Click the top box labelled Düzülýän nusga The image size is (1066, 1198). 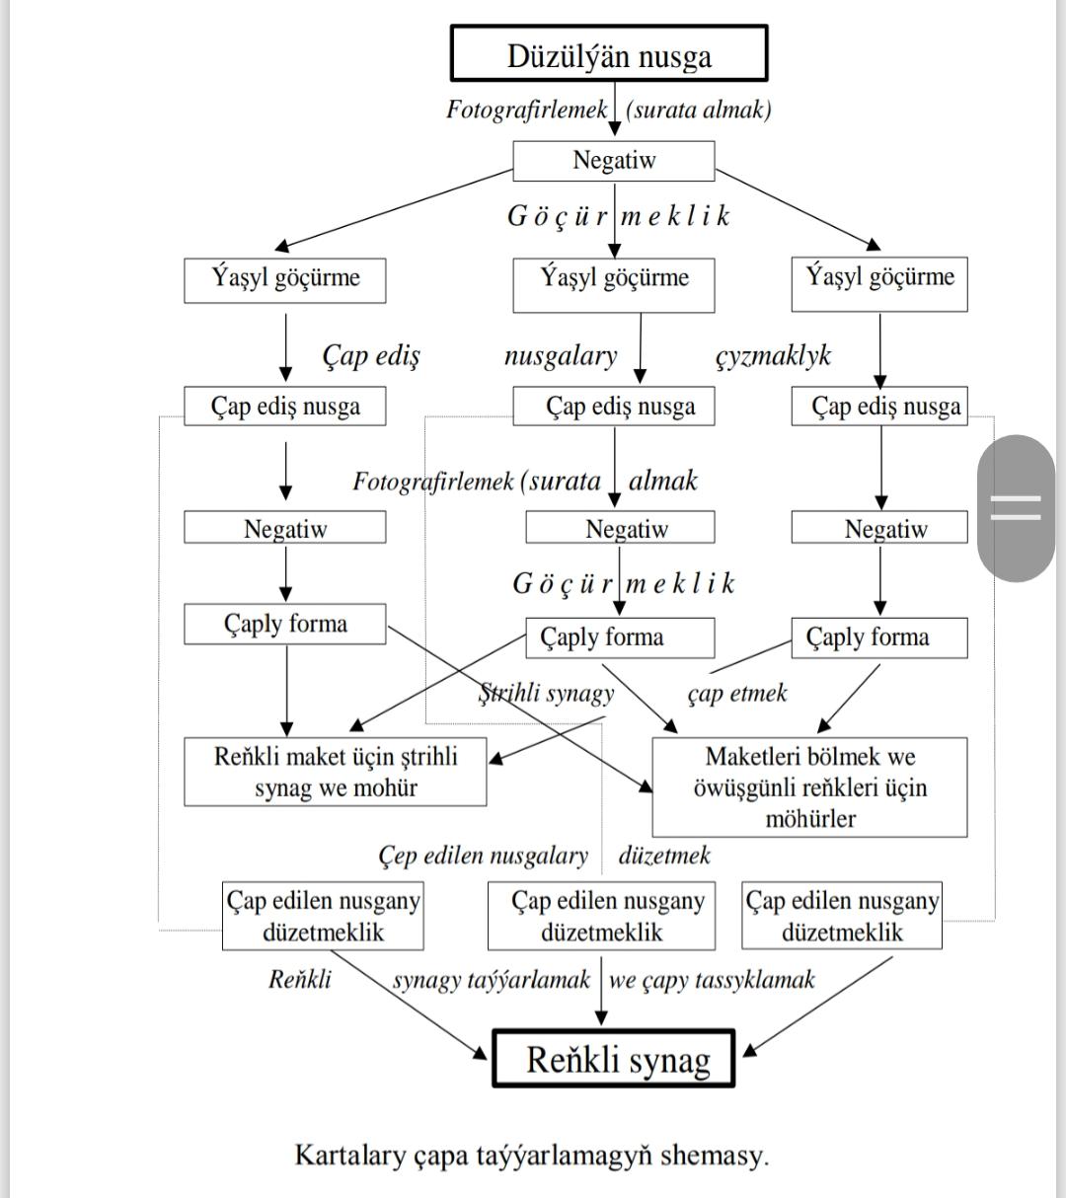pos(609,53)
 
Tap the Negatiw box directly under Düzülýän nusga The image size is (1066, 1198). pos(614,161)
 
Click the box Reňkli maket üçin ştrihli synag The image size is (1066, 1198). pos(336,772)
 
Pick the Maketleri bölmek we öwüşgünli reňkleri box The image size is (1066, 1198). pos(809,787)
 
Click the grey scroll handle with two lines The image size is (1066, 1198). pos(1016,508)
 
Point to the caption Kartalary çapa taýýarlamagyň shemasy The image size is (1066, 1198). pos(532,1155)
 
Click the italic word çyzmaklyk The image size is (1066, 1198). pos(773,356)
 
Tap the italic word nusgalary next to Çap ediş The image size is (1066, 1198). pos(561,356)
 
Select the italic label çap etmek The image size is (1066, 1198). pos(737,694)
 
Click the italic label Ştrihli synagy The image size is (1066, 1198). pos(546,693)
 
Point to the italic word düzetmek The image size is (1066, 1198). pos(664,855)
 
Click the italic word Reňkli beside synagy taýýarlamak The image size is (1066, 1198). pos(300,980)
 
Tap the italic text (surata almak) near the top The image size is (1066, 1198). pos(699,110)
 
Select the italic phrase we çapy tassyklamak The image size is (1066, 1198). pos(712,980)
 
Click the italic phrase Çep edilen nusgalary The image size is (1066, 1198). pos(484,856)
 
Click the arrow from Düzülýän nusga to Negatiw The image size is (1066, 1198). pos(615,109)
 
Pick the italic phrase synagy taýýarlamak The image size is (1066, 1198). pos(492,980)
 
